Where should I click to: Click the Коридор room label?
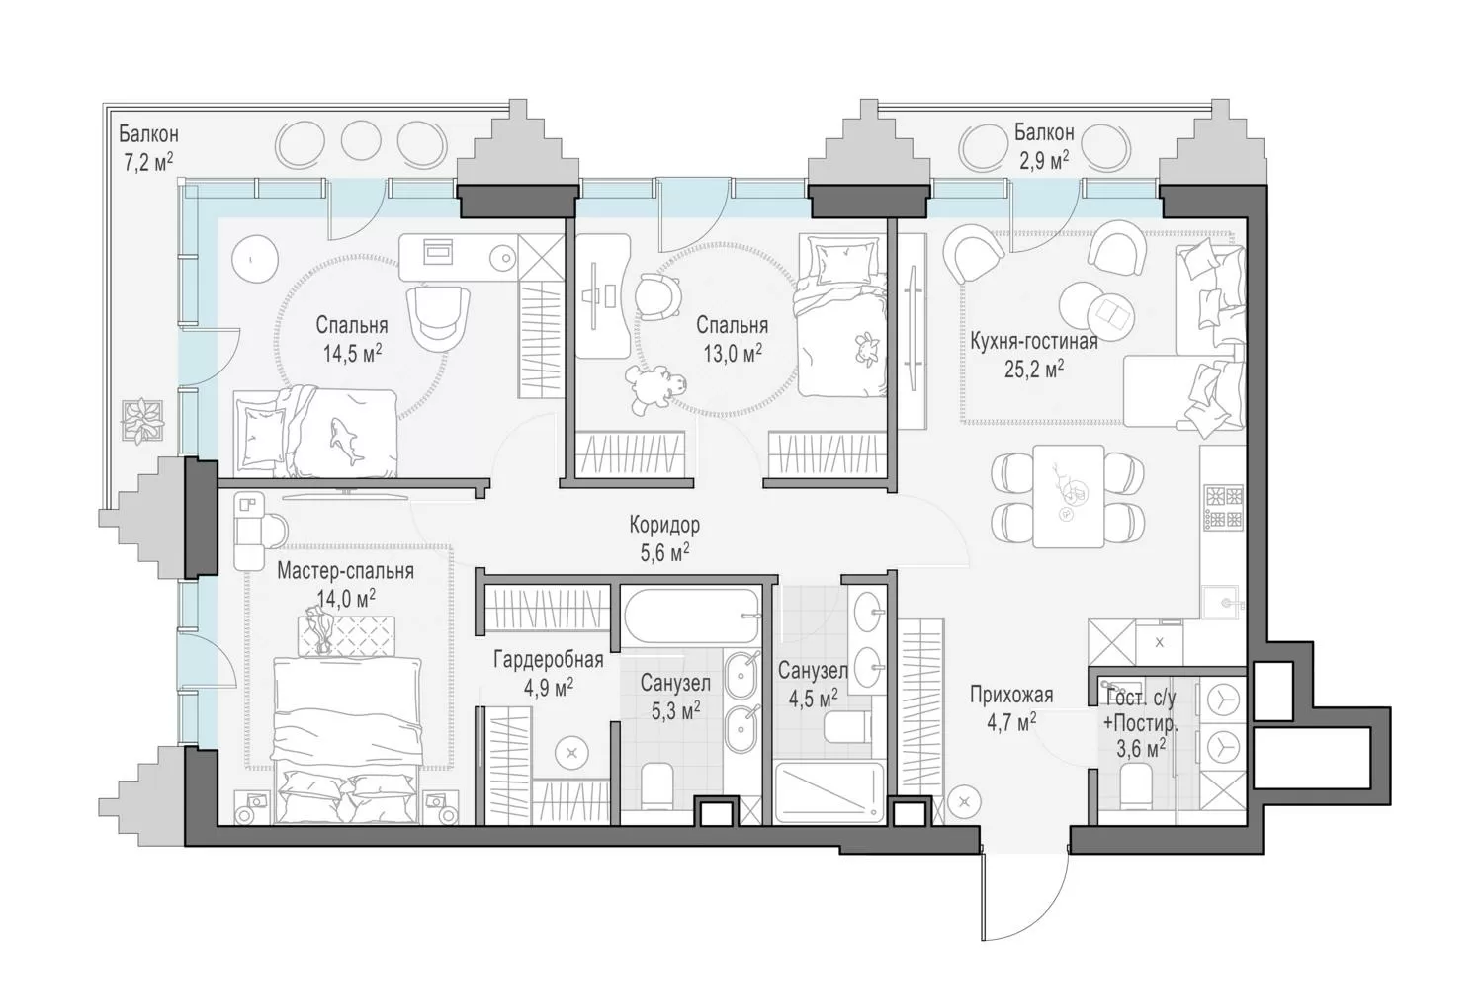(x=664, y=526)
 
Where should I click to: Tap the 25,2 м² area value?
(x=1033, y=369)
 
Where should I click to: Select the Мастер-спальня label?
(x=345, y=570)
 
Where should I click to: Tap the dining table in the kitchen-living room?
(x=1069, y=496)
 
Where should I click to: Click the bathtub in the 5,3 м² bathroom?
(x=690, y=616)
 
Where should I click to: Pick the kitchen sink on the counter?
(x=1221, y=603)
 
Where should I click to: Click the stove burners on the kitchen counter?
(x=1224, y=507)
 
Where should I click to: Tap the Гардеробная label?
(x=548, y=660)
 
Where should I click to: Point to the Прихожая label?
(x=1011, y=695)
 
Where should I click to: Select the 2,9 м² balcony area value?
(x=1044, y=161)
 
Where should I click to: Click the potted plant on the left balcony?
(x=141, y=421)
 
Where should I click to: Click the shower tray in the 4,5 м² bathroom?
(x=829, y=792)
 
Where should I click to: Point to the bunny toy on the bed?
(x=867, y=349)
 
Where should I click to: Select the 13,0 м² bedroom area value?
(x=733, y=354)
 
